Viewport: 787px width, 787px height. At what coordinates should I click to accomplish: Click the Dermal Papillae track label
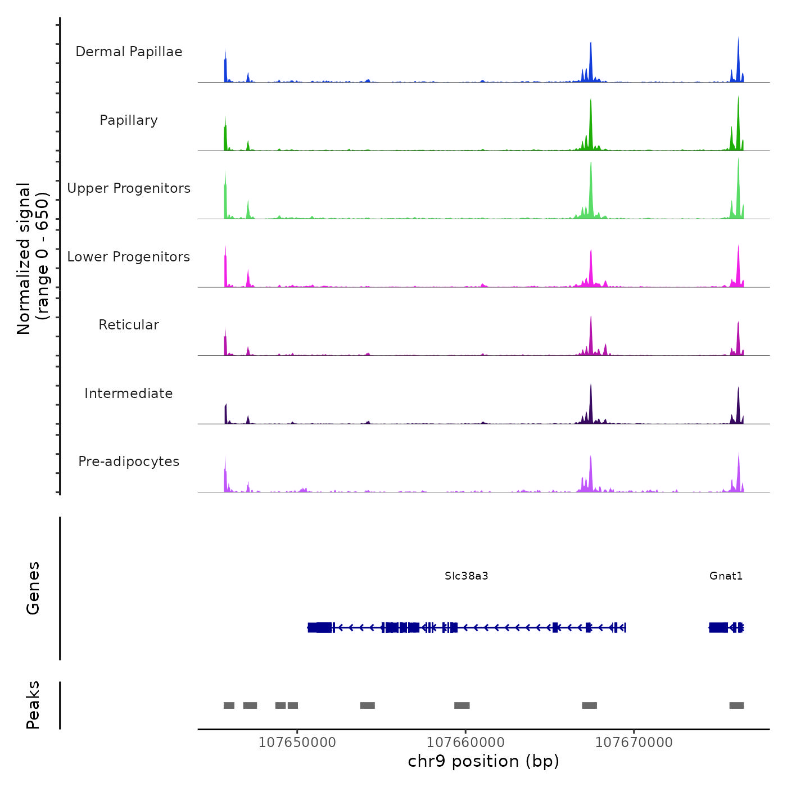coord(129,52)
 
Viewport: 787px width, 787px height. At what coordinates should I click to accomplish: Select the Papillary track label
coord(129,120)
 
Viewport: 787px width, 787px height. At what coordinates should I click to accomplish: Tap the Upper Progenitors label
coord(129,188)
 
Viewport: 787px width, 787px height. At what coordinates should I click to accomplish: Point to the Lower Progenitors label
coord(129,257)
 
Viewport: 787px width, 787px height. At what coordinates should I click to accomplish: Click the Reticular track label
coord(129,325)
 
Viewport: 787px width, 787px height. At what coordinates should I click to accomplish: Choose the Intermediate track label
coord(129,393)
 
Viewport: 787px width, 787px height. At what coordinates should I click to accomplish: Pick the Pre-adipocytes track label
coord(129,462)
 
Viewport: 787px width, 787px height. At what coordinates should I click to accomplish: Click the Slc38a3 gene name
coord(466,576)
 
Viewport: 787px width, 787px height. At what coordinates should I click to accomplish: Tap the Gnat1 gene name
coord(726,576)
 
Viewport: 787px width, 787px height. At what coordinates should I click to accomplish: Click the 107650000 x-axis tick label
coord(297,743)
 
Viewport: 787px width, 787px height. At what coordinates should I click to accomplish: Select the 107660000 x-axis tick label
coord(465,743)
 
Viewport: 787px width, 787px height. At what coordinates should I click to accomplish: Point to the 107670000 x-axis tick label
coord(634,743)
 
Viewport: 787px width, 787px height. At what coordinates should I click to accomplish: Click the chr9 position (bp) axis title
coord(483,761)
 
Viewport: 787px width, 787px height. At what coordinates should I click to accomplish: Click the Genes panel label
coord(33,588)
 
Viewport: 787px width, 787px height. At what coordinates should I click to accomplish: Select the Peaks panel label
coord(33,705)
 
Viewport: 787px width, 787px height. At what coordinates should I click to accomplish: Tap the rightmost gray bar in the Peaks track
coord(736,705)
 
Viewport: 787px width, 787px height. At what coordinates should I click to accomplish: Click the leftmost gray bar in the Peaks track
coord(229,705)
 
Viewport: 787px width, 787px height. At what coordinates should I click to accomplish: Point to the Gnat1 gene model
coord(726,627)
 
